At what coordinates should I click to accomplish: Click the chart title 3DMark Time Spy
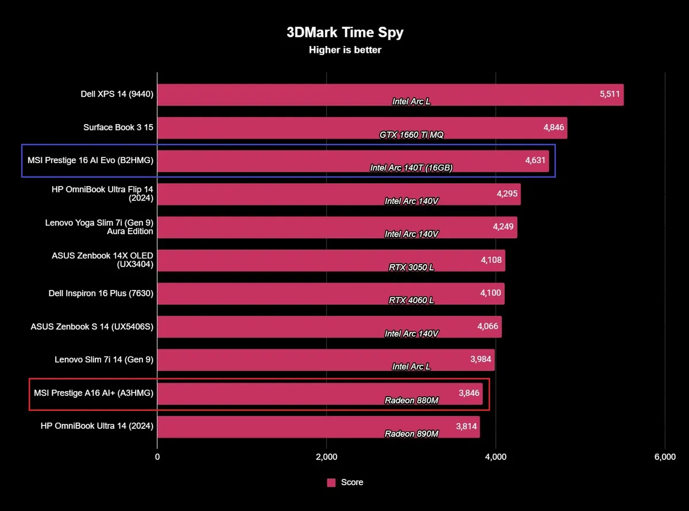coord(344,32)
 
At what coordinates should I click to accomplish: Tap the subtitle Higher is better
coord(344,50)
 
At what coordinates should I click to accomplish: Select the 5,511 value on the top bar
coord(610,94)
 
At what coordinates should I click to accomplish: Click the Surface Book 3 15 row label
coord(118,127)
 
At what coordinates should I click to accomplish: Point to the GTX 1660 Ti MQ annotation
coord(411,135)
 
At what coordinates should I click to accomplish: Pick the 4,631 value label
coord(535,161)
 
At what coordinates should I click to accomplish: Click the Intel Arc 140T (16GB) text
coord(411,168)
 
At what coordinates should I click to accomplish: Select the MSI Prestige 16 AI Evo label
coord(90,161)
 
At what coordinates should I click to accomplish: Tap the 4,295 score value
coord(507,194)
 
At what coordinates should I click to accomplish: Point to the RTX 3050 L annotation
coord(411,268)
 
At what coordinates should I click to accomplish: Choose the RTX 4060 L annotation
coord(411,300)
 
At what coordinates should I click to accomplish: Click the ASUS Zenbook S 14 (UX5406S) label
coord(92,327)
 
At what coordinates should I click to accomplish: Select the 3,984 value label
coord(481,359)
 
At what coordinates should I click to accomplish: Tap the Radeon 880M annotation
coord(411,400)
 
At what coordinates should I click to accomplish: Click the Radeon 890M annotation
coord(411,433)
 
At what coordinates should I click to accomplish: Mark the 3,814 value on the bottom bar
coord(466,426)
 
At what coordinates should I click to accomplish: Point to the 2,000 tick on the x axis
coord(326,457)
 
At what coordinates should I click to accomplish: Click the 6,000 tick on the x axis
coord(664,457)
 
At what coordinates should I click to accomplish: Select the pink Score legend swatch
coord(331,483)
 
